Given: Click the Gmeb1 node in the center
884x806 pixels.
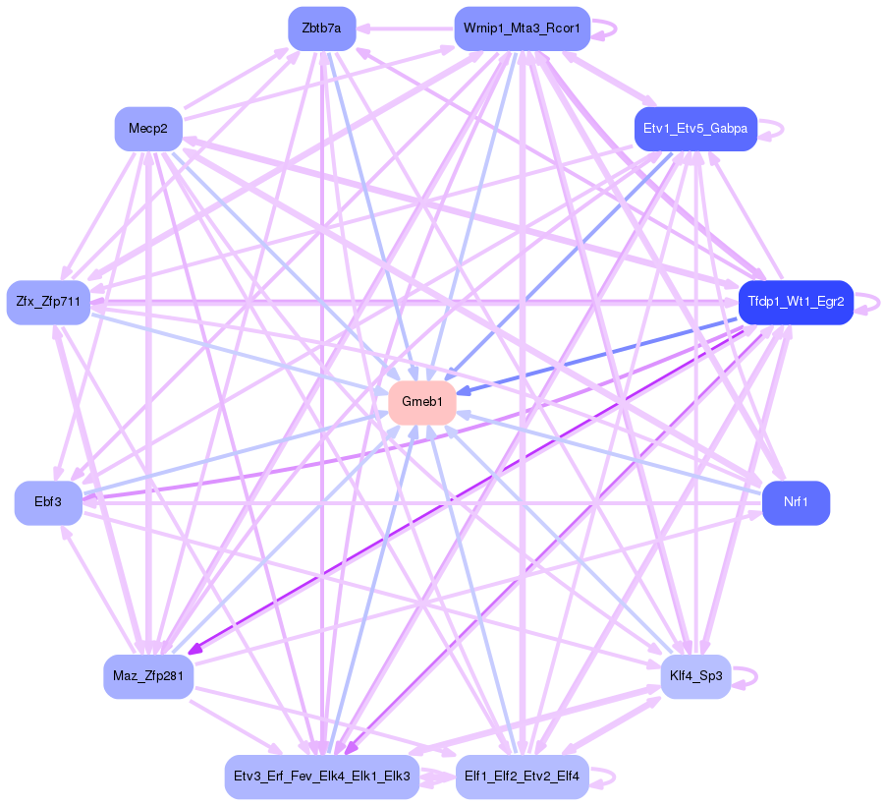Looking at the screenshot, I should click(422, 402).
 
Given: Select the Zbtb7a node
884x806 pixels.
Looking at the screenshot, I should click(321, 29).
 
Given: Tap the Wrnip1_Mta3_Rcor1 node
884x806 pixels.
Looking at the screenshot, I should click(522, 29).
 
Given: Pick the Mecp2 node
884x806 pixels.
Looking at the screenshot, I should click(148, 129).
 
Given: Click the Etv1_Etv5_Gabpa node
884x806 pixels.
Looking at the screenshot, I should click(695, 129).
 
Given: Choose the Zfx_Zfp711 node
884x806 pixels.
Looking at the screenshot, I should click(48, 302).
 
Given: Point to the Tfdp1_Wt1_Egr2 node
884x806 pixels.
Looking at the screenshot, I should click(796, 302).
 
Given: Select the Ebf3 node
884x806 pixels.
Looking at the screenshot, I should click(47, 502).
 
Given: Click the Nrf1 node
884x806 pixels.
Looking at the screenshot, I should click(796, 502).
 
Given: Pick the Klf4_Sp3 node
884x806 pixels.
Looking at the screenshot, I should click(695, 677).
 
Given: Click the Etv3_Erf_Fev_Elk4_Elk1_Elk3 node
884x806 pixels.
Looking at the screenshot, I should click(322, 777).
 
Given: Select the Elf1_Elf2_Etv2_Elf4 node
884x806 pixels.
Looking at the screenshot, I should click(522, 777).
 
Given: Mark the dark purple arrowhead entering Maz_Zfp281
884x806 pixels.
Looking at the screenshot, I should click(194, 649).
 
